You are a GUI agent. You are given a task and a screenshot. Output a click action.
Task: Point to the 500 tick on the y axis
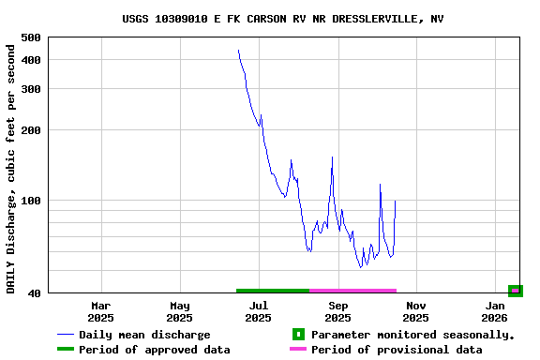[x=30, y=37]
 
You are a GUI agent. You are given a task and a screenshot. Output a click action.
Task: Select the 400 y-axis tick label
[x=30, y=60]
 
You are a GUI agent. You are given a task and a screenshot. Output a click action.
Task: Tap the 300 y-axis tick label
[x=30, y=89]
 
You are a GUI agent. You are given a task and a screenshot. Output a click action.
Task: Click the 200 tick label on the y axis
[x=30, y=130]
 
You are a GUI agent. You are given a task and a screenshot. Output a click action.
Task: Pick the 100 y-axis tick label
[x=30, y=201]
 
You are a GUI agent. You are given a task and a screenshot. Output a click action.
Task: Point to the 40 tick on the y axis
[x=33, y=293]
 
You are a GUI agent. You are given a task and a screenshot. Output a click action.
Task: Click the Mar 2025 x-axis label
[x=101, y=311]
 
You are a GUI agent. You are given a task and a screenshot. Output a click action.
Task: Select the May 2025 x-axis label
[x=180, y=311]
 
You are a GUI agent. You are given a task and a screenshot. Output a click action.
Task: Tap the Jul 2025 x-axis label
[x=259, y=311]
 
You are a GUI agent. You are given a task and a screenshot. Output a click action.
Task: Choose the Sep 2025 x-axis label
[x=338, y=311]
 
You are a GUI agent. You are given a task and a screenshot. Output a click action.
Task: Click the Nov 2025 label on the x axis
[x=417, y=311]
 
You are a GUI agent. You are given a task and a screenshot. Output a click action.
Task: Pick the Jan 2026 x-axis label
[x=496, y=311]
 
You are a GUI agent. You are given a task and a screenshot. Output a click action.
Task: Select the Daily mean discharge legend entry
[x=144, y=335]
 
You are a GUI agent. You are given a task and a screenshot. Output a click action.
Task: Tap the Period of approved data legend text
[x=154, y=350]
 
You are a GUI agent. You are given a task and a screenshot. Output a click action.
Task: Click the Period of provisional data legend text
[x=397, y=350]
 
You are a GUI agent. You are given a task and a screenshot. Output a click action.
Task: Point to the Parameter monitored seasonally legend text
[x=412, y=335]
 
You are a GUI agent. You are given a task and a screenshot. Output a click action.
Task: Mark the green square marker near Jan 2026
[x=515, y=291]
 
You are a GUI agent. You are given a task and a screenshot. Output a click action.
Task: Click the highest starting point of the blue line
[x=238, y=51]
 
